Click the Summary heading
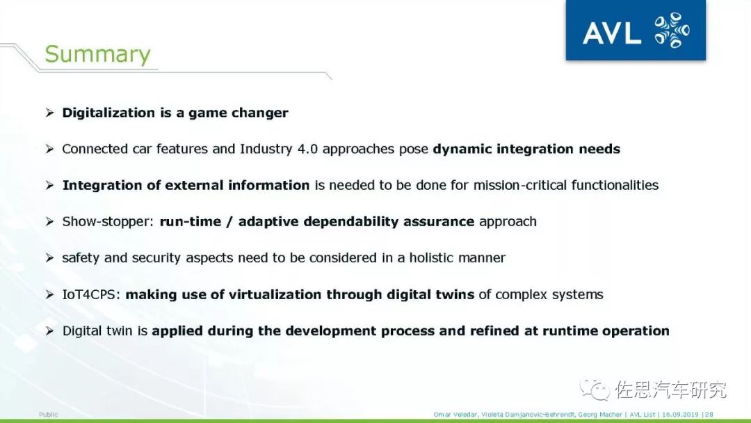(x=98, y=54)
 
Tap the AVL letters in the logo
(x=612, y=33)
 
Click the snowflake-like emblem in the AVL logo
(x=672, y=30)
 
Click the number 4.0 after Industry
(x=307, y=149)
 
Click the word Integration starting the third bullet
(x=102, y=186)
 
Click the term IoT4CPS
(x=90, y=294)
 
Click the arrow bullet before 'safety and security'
(x=50, y=258)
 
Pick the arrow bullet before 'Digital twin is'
(x=50, y=331)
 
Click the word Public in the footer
(x=49, y=415)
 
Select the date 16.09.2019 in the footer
(x=680, y=415)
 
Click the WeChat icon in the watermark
(x=595, y=389)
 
